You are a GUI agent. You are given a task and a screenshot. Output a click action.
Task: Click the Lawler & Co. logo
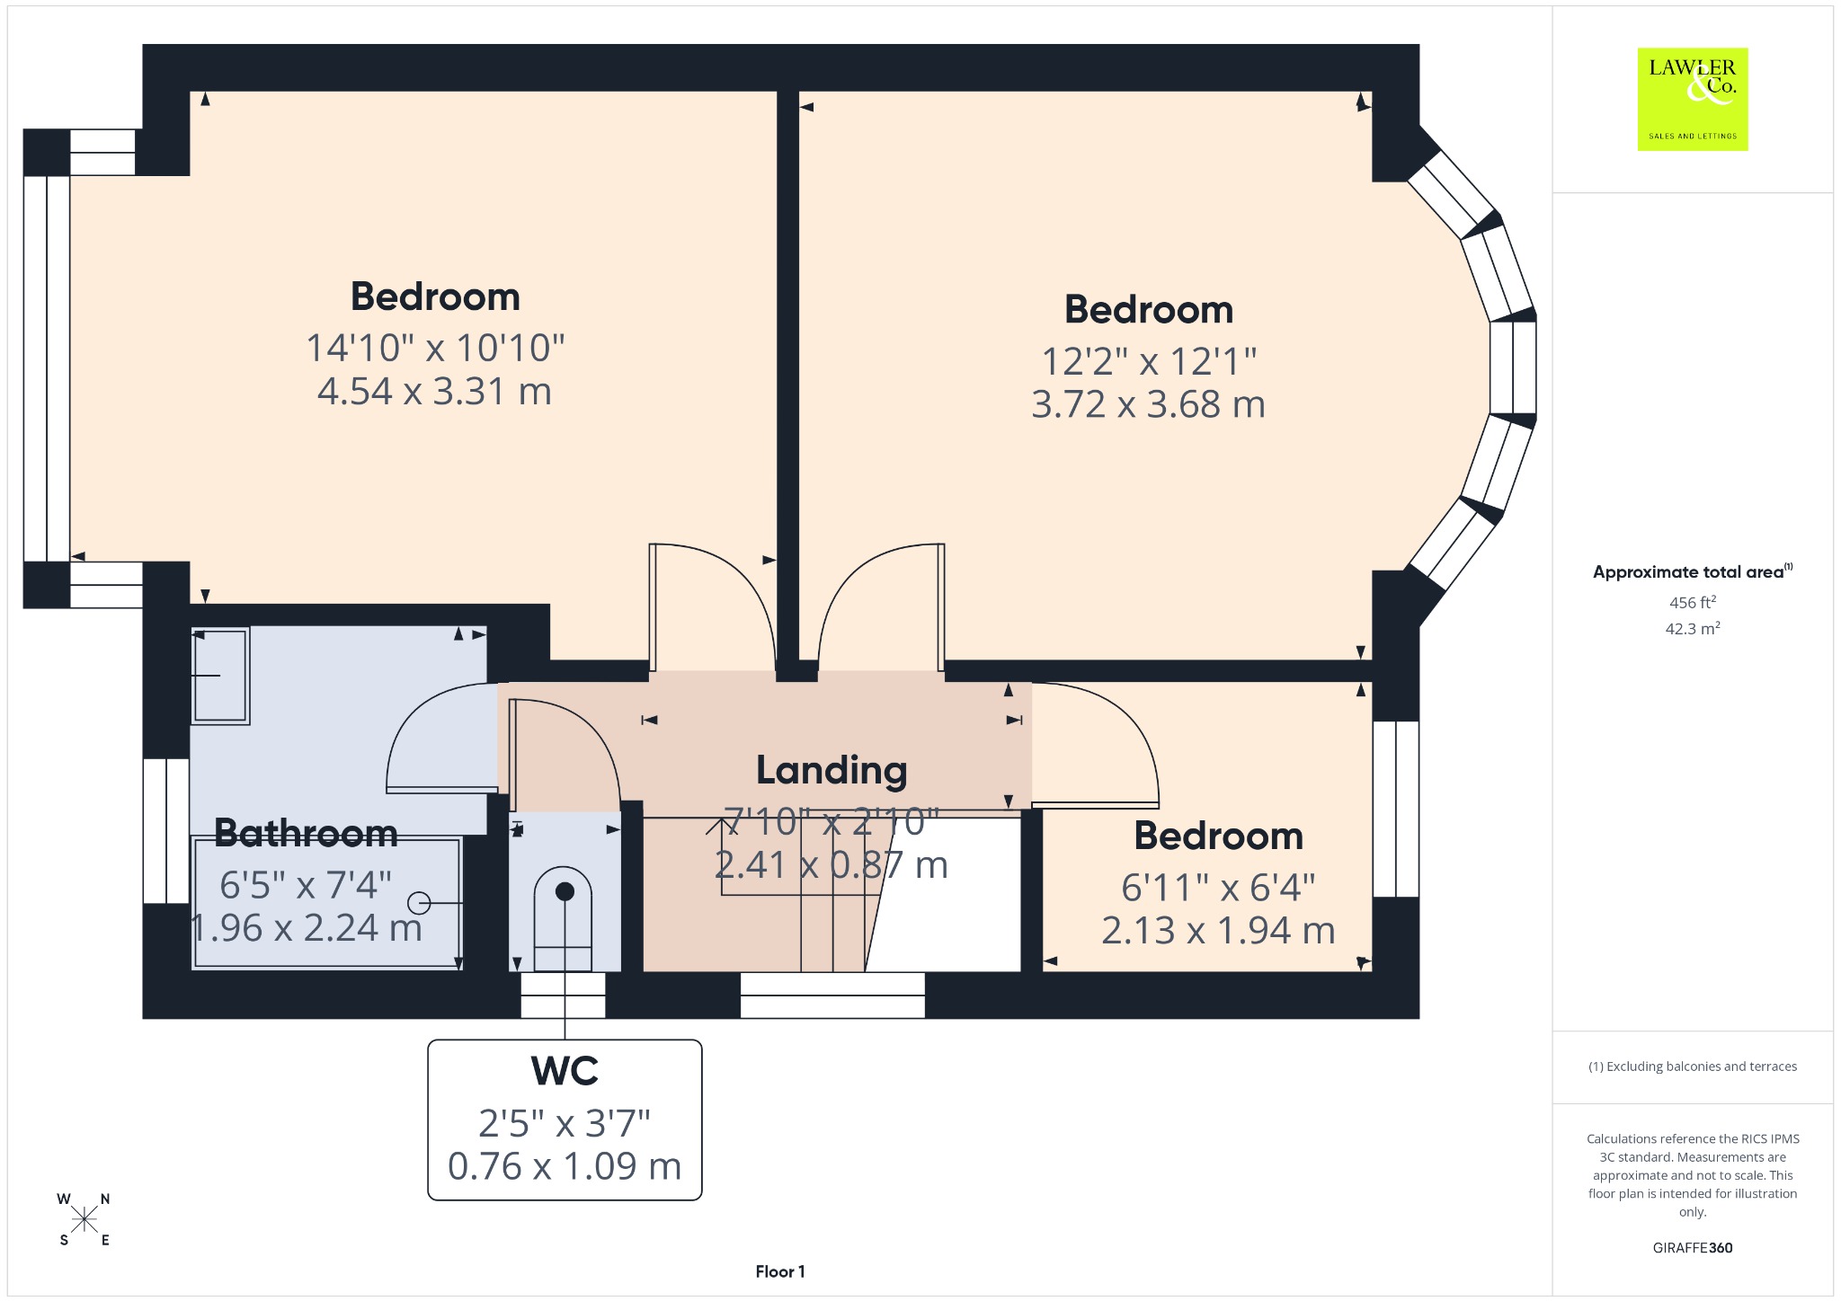pos(1693,99)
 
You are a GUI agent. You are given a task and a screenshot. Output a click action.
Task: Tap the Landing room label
pos(832,770)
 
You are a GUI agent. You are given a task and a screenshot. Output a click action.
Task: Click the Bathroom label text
pos(306,833)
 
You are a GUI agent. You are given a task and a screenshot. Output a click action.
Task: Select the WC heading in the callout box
pos(565,1070)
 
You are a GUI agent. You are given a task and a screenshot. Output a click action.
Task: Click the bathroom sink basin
pos(220,676)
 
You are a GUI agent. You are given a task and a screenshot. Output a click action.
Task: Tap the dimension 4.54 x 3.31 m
pos(434,392)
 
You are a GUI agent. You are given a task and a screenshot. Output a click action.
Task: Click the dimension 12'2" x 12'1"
pos(1149,361)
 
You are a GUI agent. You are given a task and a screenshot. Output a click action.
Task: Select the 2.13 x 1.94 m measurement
pos(1218,930)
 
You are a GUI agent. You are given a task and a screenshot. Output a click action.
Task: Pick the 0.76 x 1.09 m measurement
pos(565,1166)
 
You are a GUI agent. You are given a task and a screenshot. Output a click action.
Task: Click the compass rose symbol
pos(84,1219)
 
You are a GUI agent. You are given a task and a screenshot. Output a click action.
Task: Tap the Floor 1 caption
pos(780,1271)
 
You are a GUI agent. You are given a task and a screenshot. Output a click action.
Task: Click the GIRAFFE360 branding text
pos(1693,1248)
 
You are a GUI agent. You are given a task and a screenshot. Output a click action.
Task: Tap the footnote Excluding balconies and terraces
pos(1693,1066)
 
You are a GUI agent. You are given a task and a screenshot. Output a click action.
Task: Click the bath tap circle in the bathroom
pos(419,902)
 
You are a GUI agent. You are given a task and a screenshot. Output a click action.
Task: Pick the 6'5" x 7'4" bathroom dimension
pos(306,886)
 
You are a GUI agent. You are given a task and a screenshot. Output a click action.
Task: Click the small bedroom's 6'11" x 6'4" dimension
pos(1218,888)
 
